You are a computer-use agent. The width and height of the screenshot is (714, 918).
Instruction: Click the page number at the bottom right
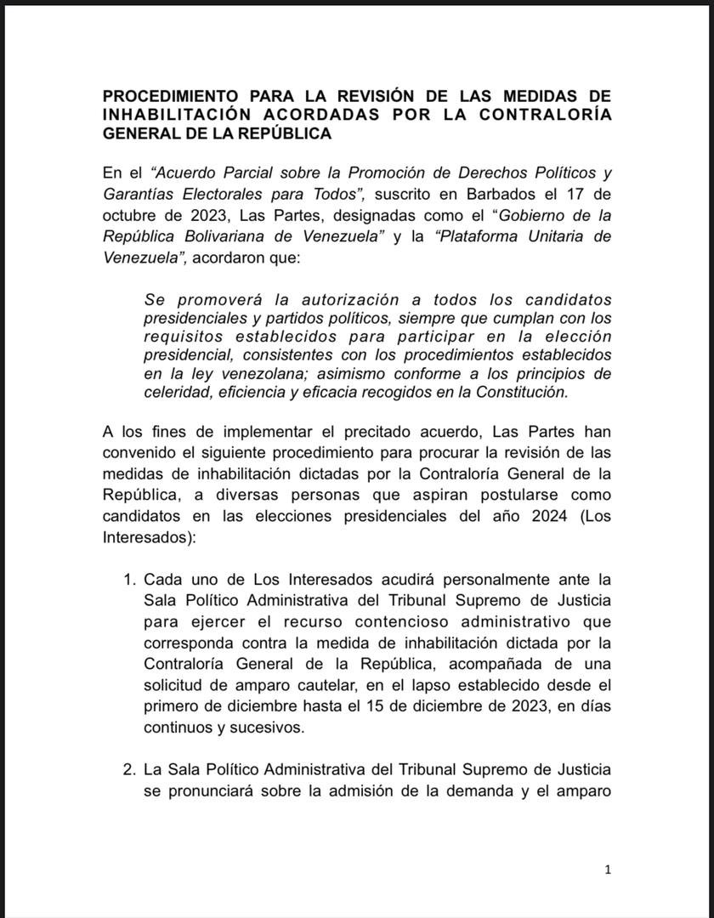(x=608, y=869)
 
